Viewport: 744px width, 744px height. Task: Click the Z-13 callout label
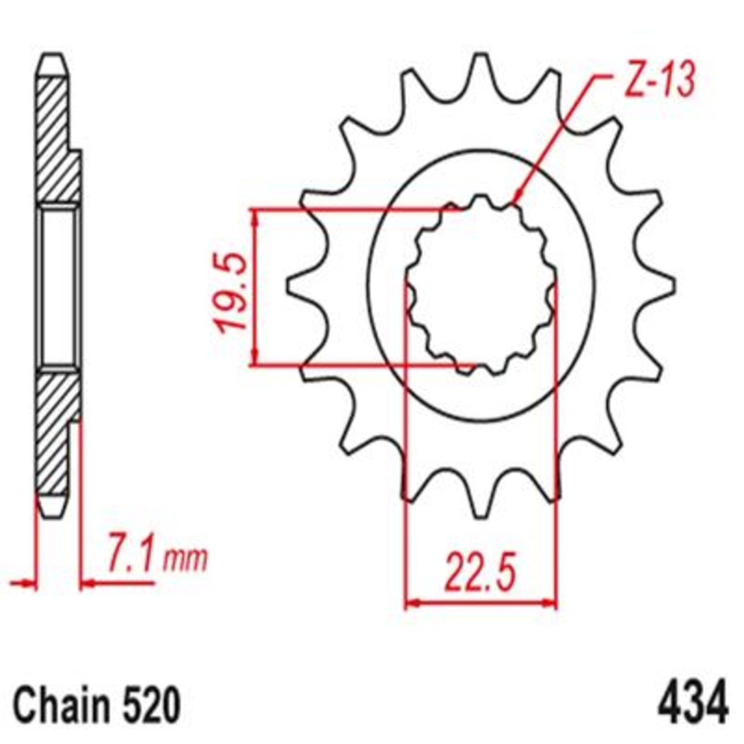click(x=659, y=83)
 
